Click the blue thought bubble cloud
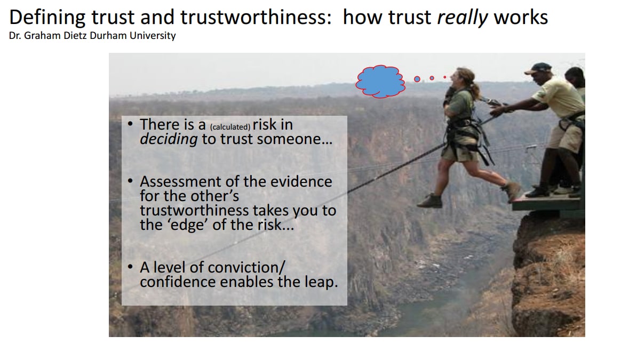[x=380, y=81]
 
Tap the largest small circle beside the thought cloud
[x=417, y=79]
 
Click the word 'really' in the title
[x=463, y=18]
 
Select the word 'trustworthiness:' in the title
[x=256, y=18]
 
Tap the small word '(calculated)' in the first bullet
[x=230, y=127]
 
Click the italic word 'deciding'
[x=169, y=139]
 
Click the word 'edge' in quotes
[x=188, y=225]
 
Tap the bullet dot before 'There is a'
[x=130, y=124]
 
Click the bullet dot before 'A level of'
[x=130, y=267]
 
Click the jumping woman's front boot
[x=429, y=201]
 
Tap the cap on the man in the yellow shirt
[x=538, y=68]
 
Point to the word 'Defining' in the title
[x=47, y=18]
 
